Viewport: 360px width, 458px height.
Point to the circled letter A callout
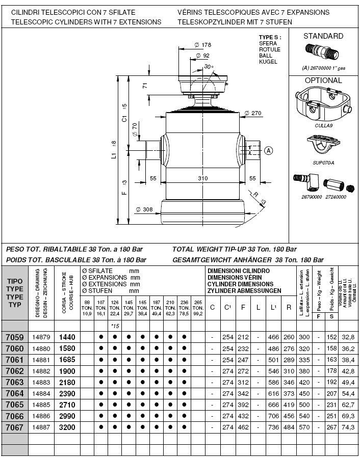(x=269, y=150)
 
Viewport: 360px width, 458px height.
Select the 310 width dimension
(x=203, y=178)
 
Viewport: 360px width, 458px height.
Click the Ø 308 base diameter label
(x=145, y=209)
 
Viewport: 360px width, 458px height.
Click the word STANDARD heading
(x=323, y=36)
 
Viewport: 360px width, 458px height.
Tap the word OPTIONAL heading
(x=323, y=80)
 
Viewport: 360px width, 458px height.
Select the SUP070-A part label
(x=323, y=163)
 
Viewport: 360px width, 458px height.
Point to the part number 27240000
(x=336, y=197)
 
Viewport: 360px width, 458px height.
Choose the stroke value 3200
(x=67, y=427)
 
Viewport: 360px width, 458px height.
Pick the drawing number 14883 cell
(x=41, y=382)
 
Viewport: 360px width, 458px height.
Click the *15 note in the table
(x=115, y=325)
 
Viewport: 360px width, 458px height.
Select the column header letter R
(x=289, y=307)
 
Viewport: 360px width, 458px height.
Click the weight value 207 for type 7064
(x=333, y=393)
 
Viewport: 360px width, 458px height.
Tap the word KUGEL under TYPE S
(x=268, y=62)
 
